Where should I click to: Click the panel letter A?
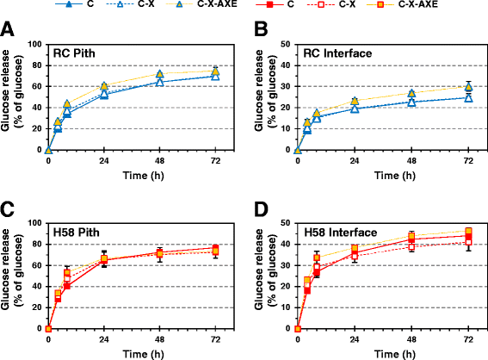(7, 29)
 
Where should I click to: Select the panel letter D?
(261, 209)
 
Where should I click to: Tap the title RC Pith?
(74, 53)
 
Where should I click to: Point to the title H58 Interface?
(341, 233)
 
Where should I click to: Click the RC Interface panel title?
(337, 53)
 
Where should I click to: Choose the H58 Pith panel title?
(77, 233)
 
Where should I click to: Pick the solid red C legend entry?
(275, 4)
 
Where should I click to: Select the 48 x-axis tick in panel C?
(159, 339)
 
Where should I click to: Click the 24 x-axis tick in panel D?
(355, 339)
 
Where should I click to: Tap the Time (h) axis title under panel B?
(395, 176)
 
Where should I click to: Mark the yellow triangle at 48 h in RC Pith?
(160, 74)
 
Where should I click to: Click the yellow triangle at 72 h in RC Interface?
(469, 87)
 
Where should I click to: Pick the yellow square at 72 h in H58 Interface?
(469, 232)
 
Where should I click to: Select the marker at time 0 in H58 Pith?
(48, 329)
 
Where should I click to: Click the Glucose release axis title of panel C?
(12, 270)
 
